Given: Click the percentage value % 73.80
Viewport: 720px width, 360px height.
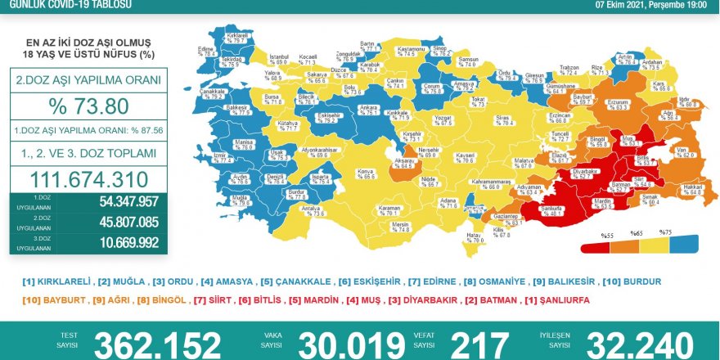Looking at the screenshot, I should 88,108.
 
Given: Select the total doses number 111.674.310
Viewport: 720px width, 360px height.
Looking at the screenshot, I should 88,180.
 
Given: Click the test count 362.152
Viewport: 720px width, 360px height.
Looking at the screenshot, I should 157,344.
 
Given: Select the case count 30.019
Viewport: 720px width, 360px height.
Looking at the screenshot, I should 350,344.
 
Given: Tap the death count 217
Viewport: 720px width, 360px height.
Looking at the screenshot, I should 480,344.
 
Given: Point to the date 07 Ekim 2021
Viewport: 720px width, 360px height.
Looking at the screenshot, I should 621,4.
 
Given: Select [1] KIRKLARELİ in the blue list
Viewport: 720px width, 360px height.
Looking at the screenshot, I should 56,281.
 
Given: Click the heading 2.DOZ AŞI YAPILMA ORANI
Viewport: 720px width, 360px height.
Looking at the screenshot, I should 88,81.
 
